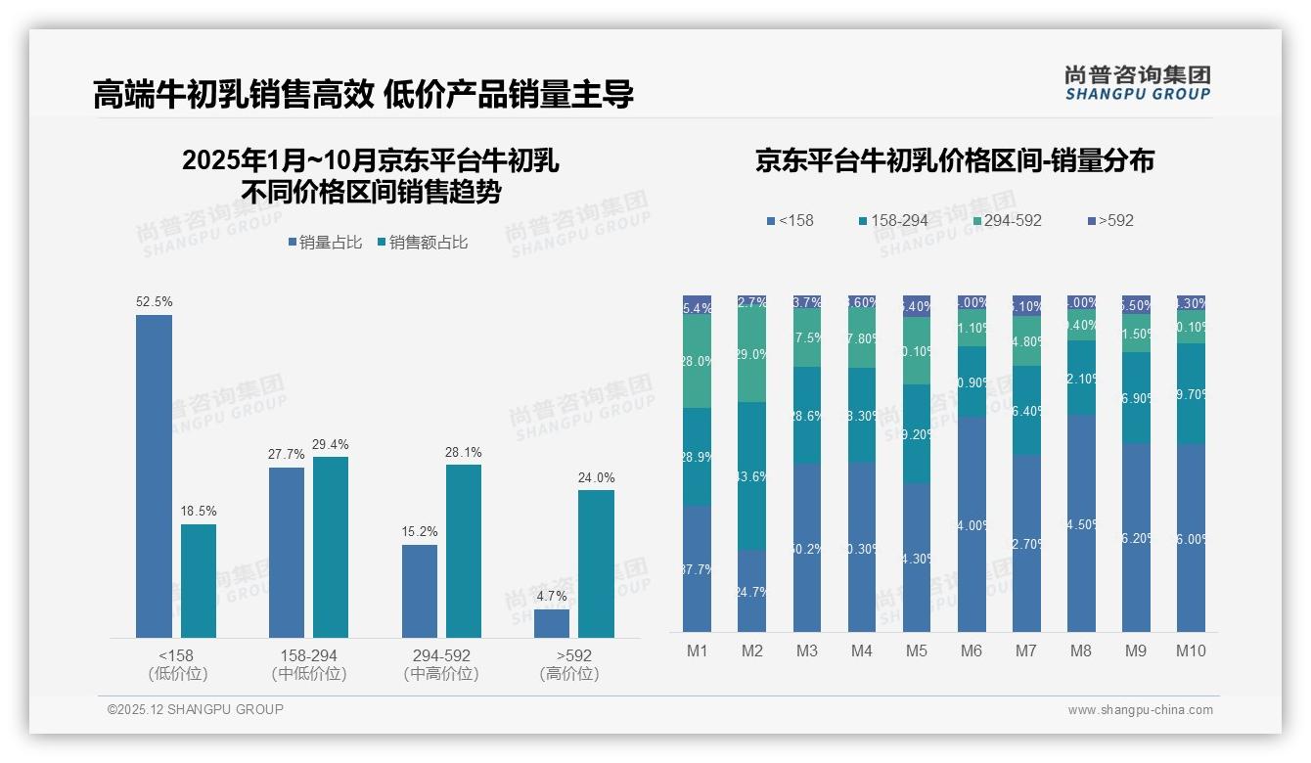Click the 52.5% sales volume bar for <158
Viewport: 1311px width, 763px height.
click(x=154, y=476)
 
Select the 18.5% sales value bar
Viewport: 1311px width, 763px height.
click(x=199, y=581)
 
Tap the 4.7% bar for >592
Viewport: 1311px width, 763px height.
click(x=552, y=623)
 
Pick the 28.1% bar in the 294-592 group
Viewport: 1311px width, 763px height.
click(x=464, y=551)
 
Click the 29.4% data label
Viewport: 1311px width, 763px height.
click(x=331, y=444)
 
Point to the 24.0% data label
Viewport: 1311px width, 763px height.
click(x=596, y=477)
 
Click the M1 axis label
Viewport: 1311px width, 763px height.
click(x=697, y=651)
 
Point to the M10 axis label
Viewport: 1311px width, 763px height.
click(x=1191, y=651)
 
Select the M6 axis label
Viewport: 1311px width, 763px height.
click(x=971, y=651)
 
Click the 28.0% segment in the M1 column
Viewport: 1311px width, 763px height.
click(x=697, y=361)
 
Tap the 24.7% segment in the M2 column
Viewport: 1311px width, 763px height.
click(x=751, y=591)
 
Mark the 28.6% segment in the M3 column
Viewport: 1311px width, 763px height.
click(x=806, y=416)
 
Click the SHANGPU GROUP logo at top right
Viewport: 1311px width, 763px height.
click(x=1137, y=83)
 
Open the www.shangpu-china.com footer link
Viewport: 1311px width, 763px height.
click(x=1140, y=710)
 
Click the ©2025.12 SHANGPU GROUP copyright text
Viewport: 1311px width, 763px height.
click(x=196, y=709)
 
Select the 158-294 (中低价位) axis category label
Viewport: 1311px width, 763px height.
click(x=309, y=664)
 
